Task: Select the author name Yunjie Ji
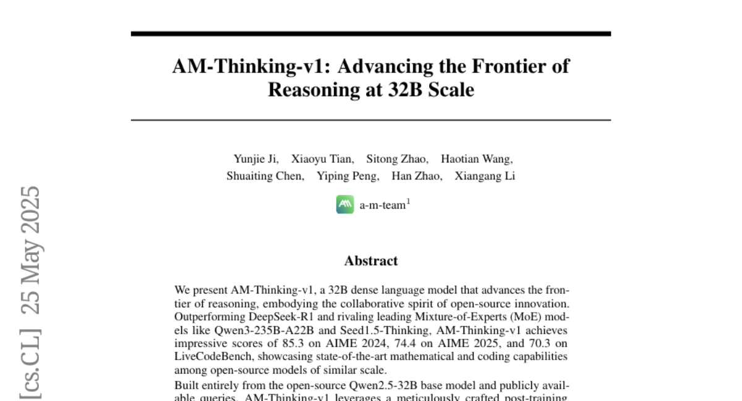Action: tap(255, 159)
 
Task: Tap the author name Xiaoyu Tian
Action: tap(322, 159)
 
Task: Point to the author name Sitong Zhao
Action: tap(397, 159)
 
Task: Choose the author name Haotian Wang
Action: tap(476, 159)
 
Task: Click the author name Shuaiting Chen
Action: tap(265, 176)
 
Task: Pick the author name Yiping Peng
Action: tap(348, 176)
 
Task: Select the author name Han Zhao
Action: tap(416, 176)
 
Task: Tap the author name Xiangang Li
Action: tap(485, 176)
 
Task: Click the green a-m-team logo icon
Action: tap(345, 205)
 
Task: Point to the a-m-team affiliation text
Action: tap(382, 205)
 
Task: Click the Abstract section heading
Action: tap(371, 261)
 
